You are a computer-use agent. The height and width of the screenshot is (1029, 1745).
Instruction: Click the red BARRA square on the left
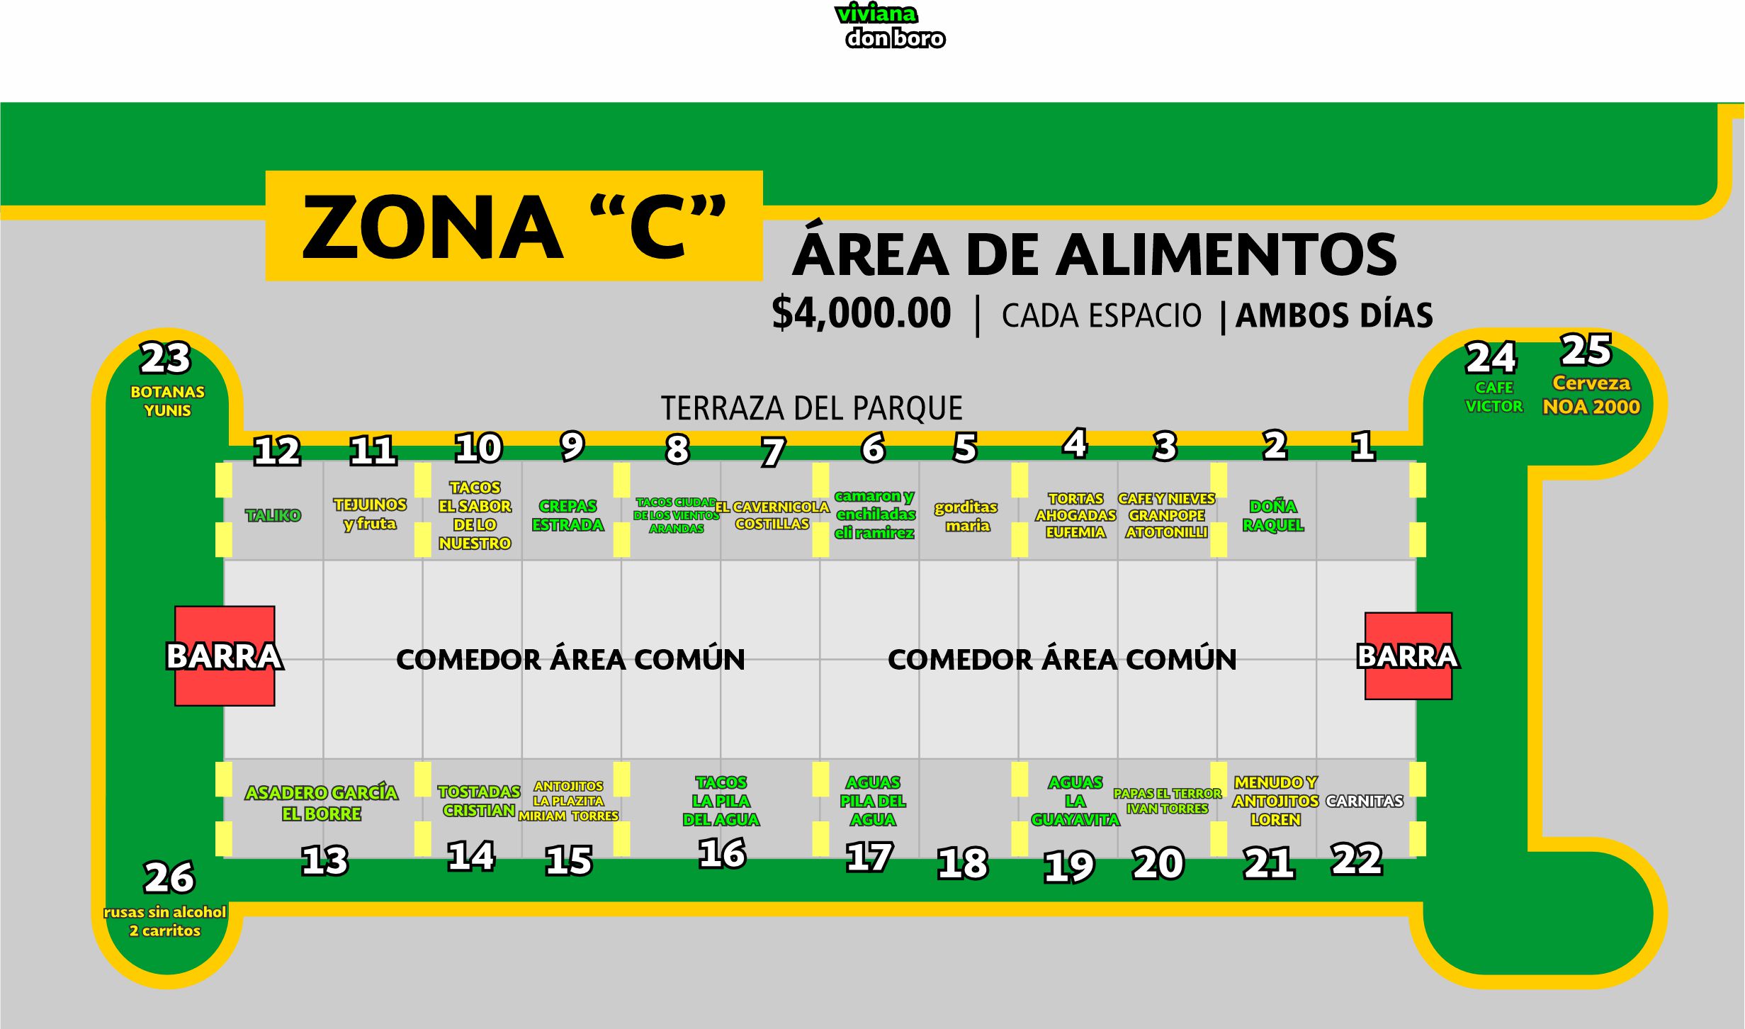click(225, 656)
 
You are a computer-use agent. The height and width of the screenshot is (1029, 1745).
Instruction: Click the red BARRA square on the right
click(1408, 656)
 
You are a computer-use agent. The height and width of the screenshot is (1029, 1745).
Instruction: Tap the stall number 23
click(166, 358)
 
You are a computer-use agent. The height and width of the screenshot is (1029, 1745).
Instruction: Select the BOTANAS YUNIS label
click(167, 401)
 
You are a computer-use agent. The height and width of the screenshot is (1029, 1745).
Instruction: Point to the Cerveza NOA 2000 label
click(1591, 395)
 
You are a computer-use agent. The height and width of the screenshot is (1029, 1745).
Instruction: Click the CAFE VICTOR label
click(1493, 397)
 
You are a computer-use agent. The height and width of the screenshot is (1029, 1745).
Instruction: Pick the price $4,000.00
click(861, 314)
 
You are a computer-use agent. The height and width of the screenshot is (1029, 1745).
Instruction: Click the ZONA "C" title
click(514, 227)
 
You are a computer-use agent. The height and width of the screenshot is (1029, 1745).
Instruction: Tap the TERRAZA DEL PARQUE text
click(811, 408)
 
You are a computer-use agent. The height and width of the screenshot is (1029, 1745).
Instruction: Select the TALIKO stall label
click(273, 515)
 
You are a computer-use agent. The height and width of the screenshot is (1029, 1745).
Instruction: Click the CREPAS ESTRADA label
click(567, 515)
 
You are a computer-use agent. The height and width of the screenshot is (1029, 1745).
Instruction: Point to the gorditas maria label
click(966, 516)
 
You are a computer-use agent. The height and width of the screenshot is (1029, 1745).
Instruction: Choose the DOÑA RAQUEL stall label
click(1272, 515)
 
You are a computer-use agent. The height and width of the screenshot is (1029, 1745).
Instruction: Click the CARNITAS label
click(1364, 801)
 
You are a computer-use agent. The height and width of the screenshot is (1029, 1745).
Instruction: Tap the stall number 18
click(962, 863)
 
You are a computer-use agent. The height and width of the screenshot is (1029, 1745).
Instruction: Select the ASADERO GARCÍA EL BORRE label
click(321, 803)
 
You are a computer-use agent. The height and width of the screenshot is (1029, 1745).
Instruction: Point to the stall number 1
click(1362, 446)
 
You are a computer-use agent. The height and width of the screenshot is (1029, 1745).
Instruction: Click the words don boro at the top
click(895, 38)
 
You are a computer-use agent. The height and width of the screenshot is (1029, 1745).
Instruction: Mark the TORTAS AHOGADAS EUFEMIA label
click(1075, 515)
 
